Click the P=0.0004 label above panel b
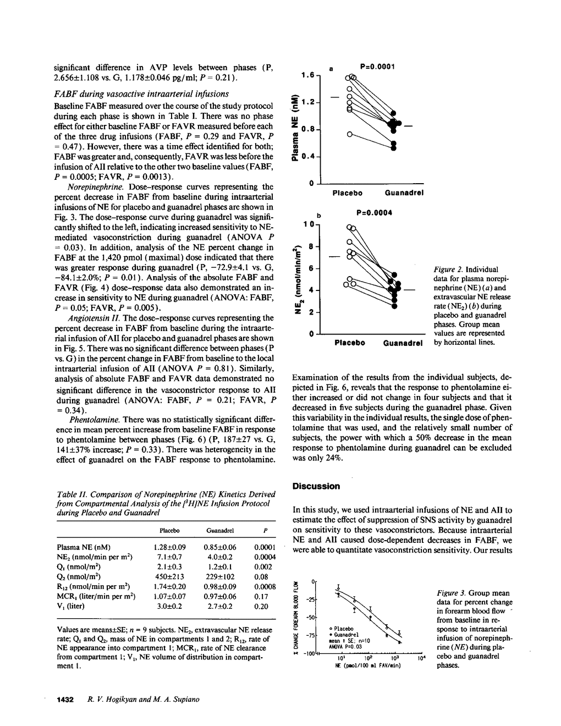pyautogui.click(x=374, y=213)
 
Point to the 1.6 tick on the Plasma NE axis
pyautogui.click(x=307, y=75)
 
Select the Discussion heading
pyautogui.click(x=316, y=486)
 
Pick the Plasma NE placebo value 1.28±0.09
pyautogui.click(x=169, y=547)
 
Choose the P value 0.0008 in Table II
pyautogui.click(x=265, y=586)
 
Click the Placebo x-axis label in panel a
pyautogui.click(x=348, y=193)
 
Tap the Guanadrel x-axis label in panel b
pyautogui.click(x=403, y=343)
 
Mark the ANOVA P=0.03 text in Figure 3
pyautogui.click(x=344, y=647)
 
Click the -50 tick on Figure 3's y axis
pyautogui.click(x=310, y=617)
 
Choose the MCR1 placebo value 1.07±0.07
pyautogui.click(x=169, y=596)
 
